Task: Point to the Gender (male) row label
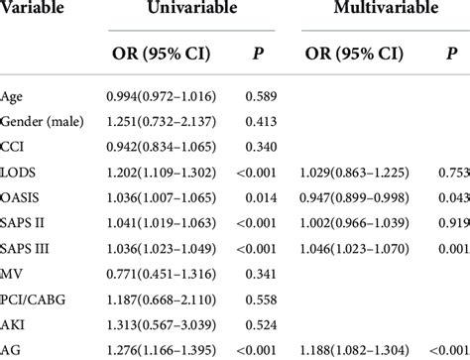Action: (45, 120)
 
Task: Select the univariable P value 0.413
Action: (255, 120)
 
